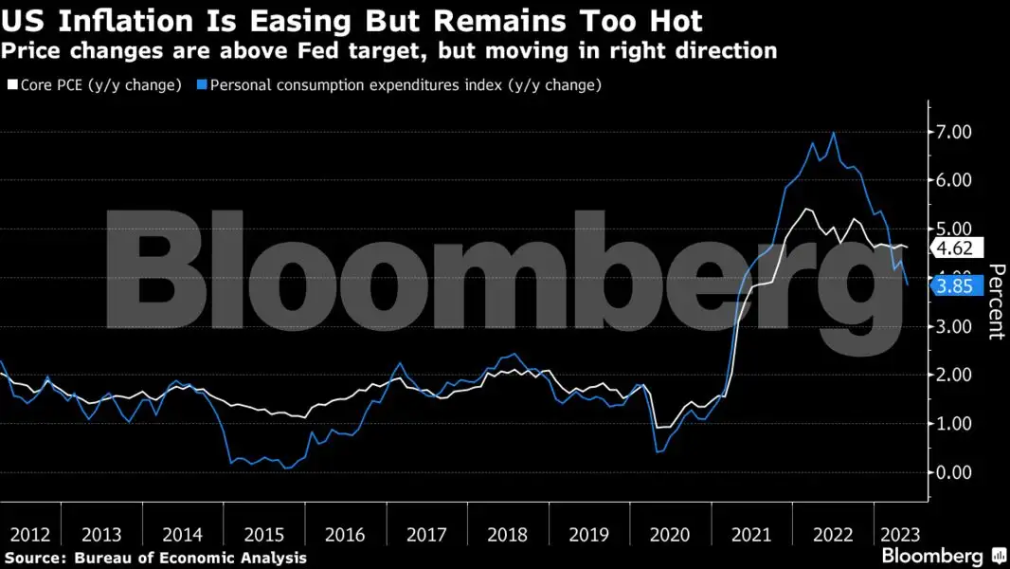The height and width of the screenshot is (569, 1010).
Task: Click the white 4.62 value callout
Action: click(x=955, y=249)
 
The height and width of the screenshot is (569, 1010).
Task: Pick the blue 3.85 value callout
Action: click(x=955, y=286)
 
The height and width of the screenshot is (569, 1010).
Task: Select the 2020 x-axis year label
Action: click(x=670, y=535)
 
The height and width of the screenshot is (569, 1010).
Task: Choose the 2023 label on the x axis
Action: click(x=899, y=535)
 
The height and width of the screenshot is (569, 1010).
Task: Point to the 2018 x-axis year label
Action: click(x=507, y=535)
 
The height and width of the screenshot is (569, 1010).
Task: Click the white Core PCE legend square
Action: click(x=12, y=85)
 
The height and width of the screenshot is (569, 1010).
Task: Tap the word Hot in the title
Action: click(x=671, y=20)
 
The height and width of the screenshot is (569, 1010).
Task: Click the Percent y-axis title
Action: click(x=997, y=302)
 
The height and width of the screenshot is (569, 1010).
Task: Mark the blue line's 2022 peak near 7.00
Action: click(x=834, y=133)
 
